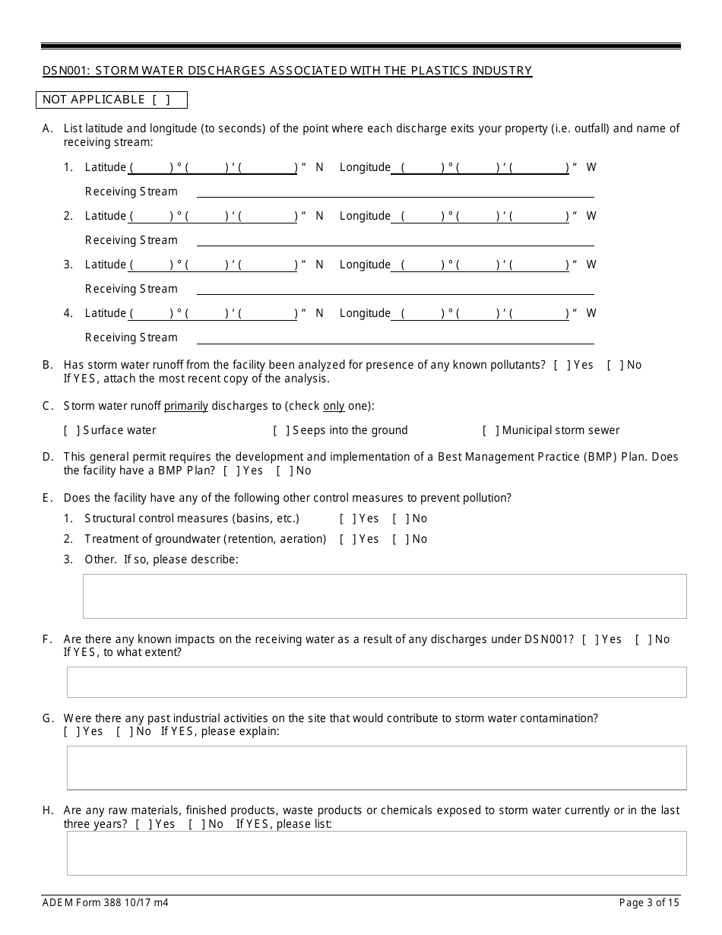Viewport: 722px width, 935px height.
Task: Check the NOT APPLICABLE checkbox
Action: pos(160,100)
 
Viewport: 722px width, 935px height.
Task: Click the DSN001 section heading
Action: pos(287,71)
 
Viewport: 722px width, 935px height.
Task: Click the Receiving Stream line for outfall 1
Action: pos(395,192)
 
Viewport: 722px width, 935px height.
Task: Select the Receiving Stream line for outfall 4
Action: pos(395,338)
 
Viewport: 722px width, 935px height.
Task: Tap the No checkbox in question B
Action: pos(615,365)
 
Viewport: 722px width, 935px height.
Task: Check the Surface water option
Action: pos(72,430)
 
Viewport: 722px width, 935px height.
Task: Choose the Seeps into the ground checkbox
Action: pos(281,430)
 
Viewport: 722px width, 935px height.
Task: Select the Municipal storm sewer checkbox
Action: pos(491,430)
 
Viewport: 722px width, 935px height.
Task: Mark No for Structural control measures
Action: pos(401,518)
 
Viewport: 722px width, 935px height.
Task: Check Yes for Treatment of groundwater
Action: pos(348,539)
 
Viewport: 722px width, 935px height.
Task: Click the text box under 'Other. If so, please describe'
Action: pos(384,596)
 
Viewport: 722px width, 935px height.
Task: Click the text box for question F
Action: pos(376,682)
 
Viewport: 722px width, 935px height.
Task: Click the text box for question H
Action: pos(376,853)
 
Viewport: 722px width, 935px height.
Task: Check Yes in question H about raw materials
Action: pos(144,824)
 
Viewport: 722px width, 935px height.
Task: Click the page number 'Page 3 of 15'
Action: pos(650,903)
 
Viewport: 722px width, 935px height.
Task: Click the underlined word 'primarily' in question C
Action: pos(186,406)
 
